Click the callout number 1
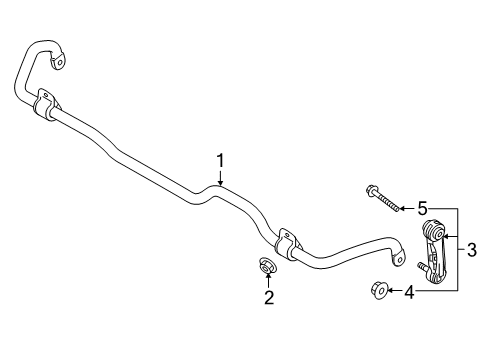[x=222, y=159]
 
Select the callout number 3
[x=472, y=251]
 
